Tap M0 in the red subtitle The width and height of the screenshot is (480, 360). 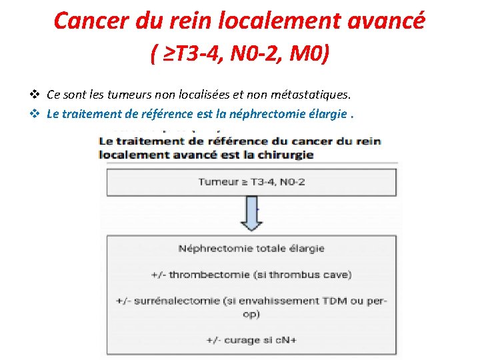click(x=309, y=52)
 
